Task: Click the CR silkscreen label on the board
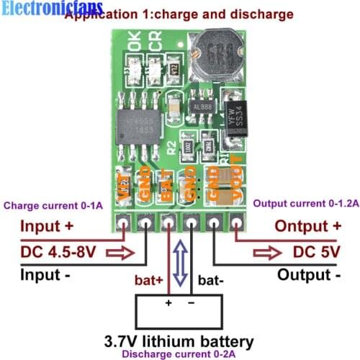153,45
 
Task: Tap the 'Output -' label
309,275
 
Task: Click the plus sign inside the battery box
168,303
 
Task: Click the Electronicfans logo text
52,9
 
